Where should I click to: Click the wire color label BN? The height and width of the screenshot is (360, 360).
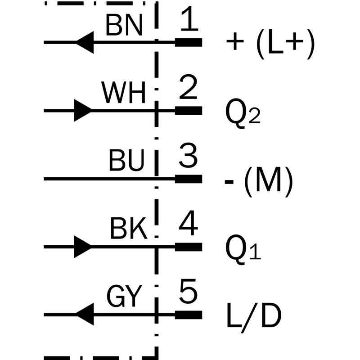(x=124, y=25)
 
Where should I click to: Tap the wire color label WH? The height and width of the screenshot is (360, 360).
(x=123, y=93)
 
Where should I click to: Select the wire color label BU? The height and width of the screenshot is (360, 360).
(x=126, y=160)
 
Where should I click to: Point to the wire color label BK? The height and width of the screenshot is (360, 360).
(x=129, y=229)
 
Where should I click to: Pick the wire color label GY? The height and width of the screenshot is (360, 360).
(x=124, y=296)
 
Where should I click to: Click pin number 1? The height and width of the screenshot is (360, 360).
(x=189, y=19)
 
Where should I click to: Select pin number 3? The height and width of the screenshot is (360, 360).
(x=188, y=155)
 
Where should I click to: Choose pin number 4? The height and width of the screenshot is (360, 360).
(x=188, y=223)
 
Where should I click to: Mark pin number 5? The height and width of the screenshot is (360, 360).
(x=188, y=291)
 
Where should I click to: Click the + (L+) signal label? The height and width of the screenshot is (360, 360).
(x=270, y=44)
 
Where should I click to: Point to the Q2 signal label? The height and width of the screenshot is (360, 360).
(x=243, y=113)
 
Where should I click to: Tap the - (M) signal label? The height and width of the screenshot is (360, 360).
(x=259, y=182)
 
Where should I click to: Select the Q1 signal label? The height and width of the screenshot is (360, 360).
(x=243, y=249)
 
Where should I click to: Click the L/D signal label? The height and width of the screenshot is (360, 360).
(x=254, y=318)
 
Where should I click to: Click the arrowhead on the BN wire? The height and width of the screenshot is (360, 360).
(x=85, y=42)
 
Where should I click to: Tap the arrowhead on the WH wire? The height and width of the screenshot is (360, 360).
(x=83, y=110)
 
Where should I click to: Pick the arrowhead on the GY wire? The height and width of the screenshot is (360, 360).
(x=85, y=314)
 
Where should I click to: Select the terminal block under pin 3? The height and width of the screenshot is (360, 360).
(x=189, y=179)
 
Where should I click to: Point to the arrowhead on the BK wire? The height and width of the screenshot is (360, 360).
(x=83, y=247)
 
